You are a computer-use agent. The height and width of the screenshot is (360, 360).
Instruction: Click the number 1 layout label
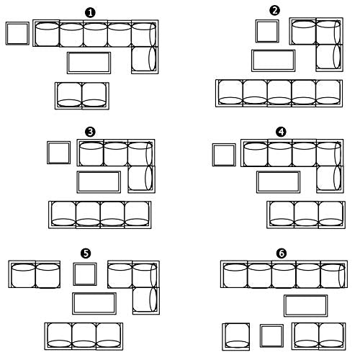(90, 13)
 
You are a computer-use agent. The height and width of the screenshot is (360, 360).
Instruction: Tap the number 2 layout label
(274, 11)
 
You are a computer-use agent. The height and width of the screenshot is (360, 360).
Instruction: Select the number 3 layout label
(90, 132)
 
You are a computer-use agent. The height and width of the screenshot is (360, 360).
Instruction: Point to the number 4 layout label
(281, 132)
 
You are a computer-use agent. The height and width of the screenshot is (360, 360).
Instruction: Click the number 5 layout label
(86, 253)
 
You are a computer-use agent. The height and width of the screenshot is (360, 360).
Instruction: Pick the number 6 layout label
(282, 253)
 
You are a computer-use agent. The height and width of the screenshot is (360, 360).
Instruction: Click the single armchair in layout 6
(236, 336)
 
